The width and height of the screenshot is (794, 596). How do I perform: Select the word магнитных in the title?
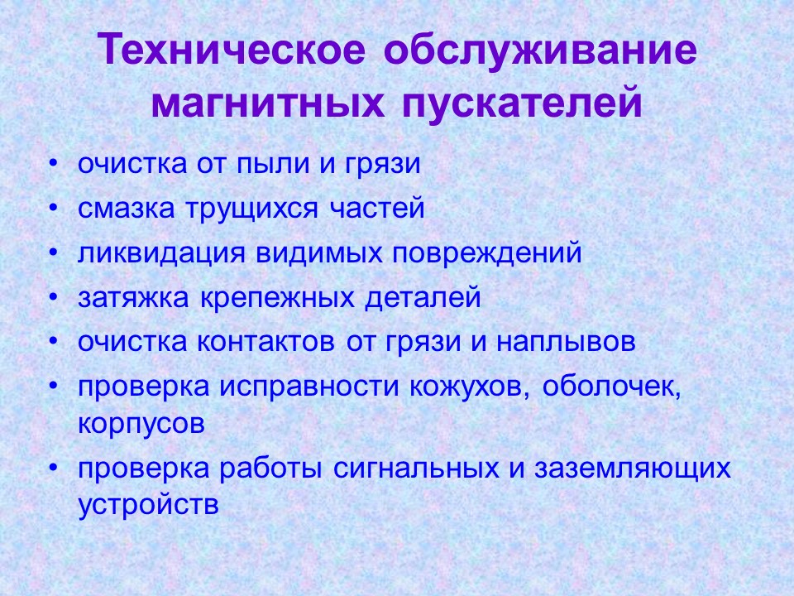pos(267,103)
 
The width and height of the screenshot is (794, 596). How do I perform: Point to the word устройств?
pos(149,505)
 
